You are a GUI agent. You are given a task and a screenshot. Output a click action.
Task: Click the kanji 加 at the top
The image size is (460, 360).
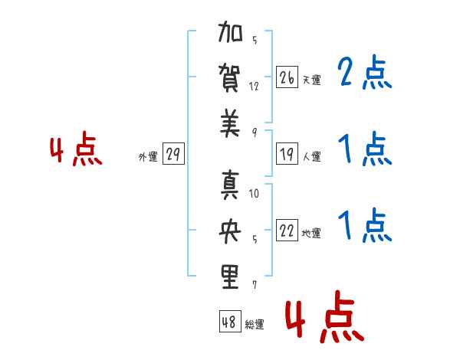pos(231,35)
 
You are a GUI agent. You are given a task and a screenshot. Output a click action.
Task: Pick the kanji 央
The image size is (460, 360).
pos(231,231)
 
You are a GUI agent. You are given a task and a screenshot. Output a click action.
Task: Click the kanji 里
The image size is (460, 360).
pos(231,277)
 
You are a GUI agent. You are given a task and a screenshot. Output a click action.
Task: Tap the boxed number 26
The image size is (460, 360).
pos(287,78)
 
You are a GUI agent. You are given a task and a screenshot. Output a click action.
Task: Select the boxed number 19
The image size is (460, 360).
pos(287,155)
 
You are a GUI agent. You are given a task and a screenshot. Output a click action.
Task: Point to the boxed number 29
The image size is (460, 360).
pos(172,155)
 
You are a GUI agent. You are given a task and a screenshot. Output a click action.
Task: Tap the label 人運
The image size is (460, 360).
pos(311,157)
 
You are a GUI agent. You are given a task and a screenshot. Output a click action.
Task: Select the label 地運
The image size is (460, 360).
pos(311,234)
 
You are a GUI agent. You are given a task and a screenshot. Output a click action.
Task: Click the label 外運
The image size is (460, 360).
pos(148,157)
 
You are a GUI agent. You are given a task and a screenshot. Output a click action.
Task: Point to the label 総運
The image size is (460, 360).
pos(255,324)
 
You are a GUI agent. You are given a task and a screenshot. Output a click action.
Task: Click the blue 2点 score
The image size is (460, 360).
pos(365,74)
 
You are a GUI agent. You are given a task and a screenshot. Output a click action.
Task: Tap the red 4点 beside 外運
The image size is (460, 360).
pos(76,151)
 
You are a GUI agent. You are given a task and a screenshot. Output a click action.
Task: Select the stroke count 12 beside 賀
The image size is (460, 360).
pos(254,86)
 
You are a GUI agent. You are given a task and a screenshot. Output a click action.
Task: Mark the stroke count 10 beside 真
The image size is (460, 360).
pos(254,194)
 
